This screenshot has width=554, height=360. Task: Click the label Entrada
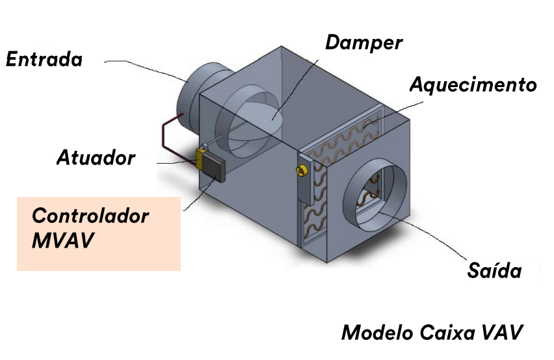[44, 60]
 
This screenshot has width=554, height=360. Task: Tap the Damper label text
[363, 43]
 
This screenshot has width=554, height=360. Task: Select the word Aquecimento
[473, 85]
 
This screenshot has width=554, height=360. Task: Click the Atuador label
[96, 157]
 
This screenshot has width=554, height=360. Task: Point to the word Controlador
[90, 216]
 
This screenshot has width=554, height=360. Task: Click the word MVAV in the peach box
[62, 240]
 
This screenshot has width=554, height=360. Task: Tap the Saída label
[494, 270]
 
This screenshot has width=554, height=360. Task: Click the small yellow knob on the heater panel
[301, 170]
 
